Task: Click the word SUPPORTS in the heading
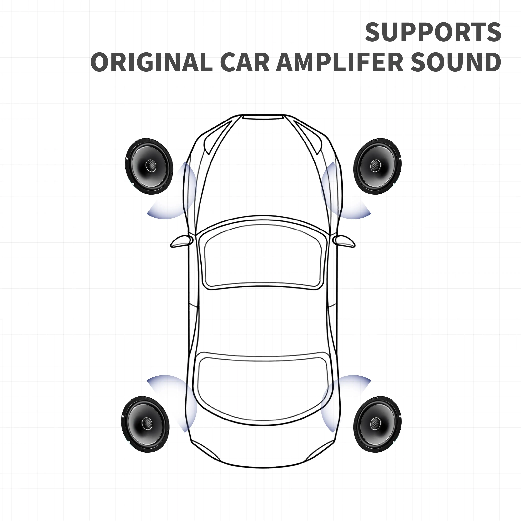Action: pyautogui.click(x=433, y=32)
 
